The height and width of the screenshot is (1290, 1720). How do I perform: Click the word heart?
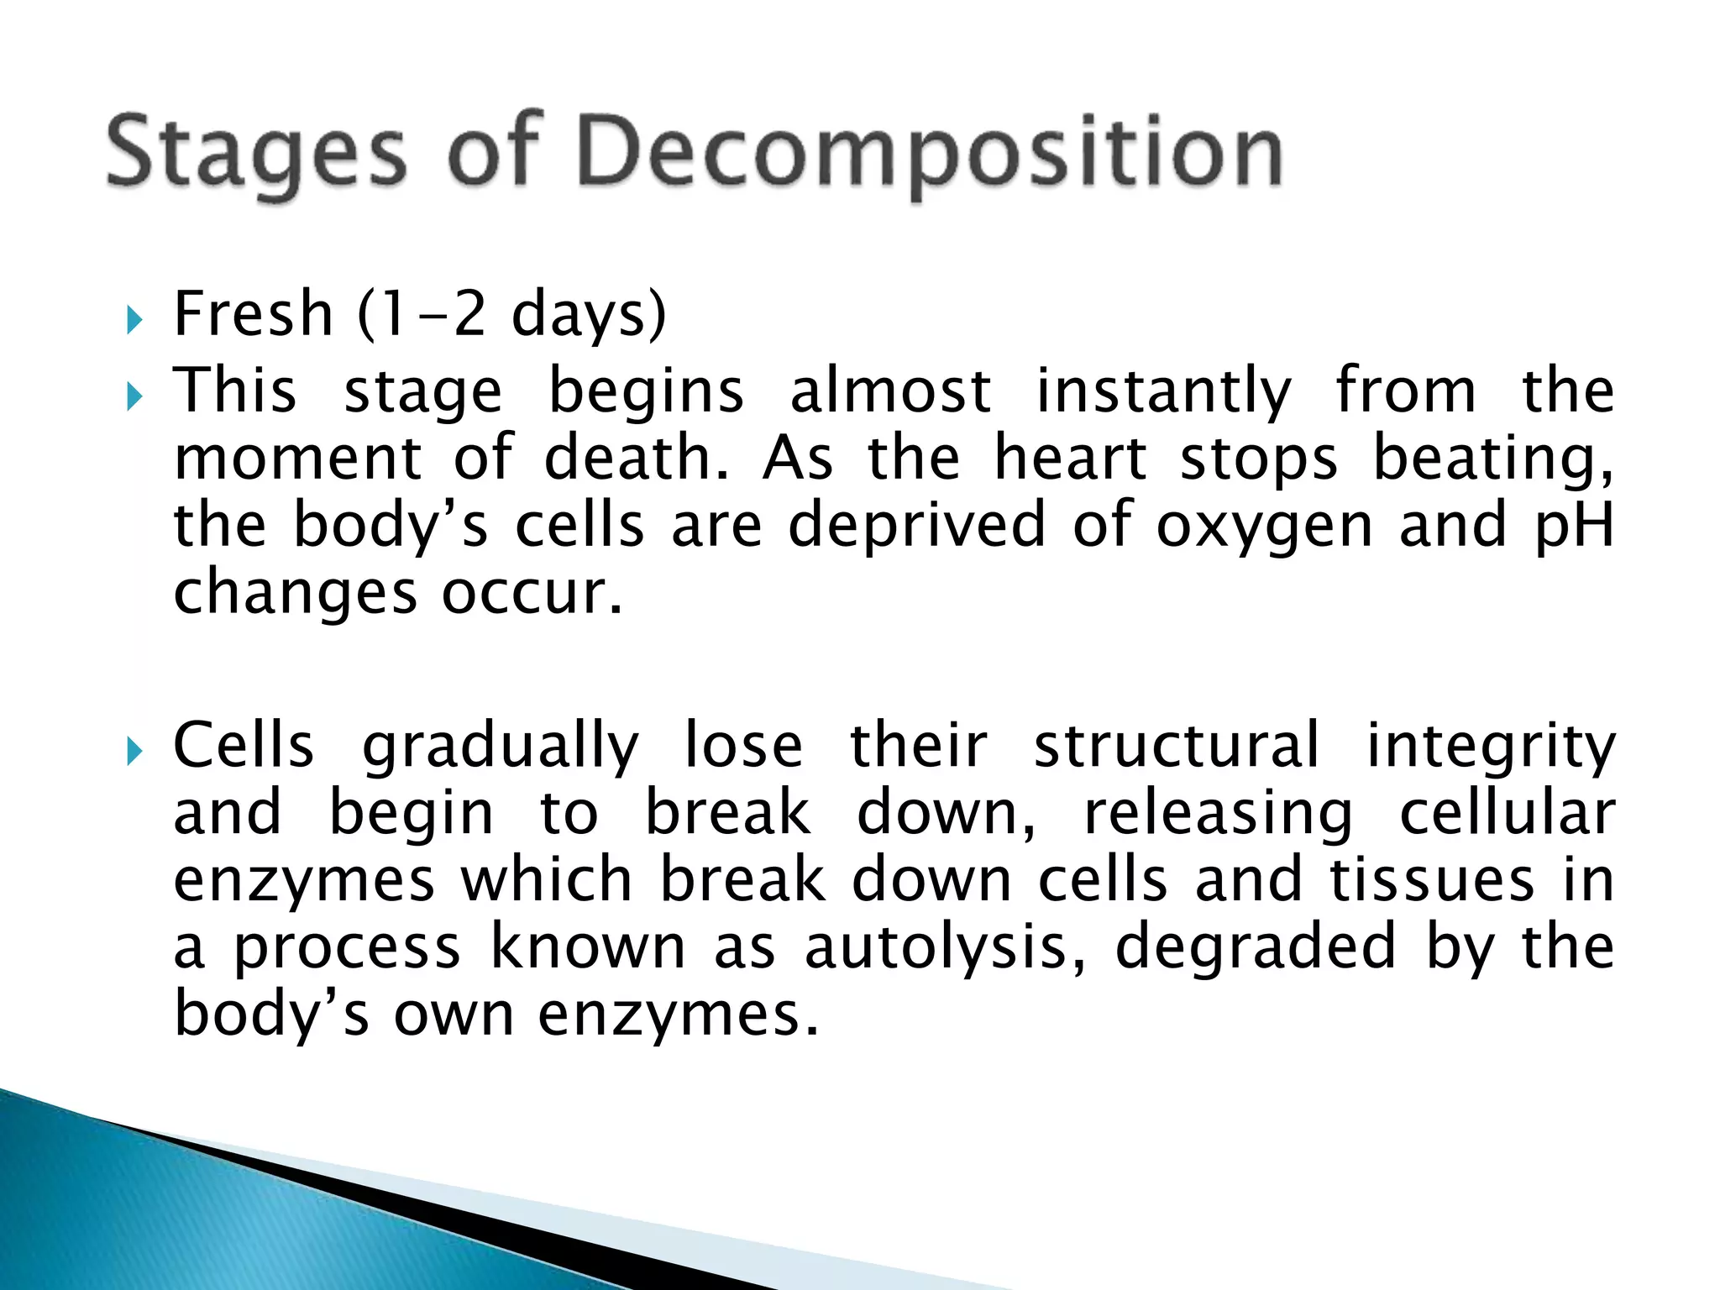[x=1070, y=459]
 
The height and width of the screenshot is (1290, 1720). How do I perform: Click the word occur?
[x=532, y=592]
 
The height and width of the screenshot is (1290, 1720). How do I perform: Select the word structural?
[x=1177, y=745]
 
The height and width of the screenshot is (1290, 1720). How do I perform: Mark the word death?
[x=637, y=459]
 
